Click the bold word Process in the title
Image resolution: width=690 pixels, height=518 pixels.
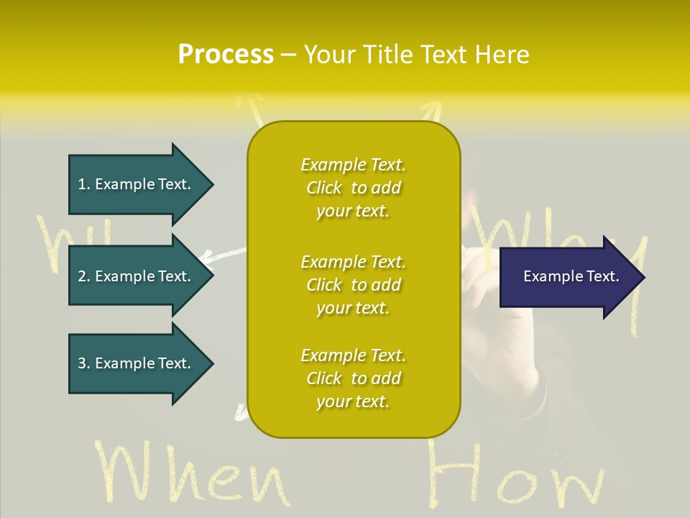(226, 55)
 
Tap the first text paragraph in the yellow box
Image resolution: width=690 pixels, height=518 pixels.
(353, 188)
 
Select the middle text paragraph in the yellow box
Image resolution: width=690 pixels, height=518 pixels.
(353, 285)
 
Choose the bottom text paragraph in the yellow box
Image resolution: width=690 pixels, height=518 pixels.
(353, 378)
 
